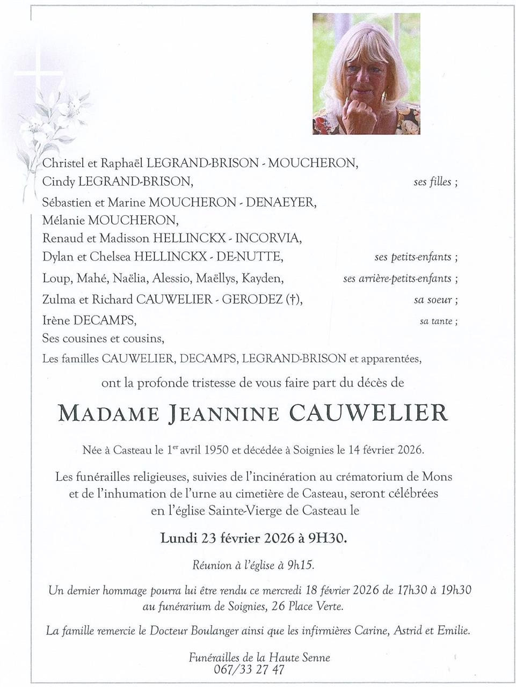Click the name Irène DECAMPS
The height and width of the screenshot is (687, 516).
[x=89, y=321]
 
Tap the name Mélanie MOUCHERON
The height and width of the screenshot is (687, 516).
[x=110, y=220]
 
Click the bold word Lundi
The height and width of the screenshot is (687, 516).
[x=180, y=538]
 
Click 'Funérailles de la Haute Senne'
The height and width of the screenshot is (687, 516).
[x=259, y=657]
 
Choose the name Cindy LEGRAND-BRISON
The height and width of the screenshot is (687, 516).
[x=117, y=182]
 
